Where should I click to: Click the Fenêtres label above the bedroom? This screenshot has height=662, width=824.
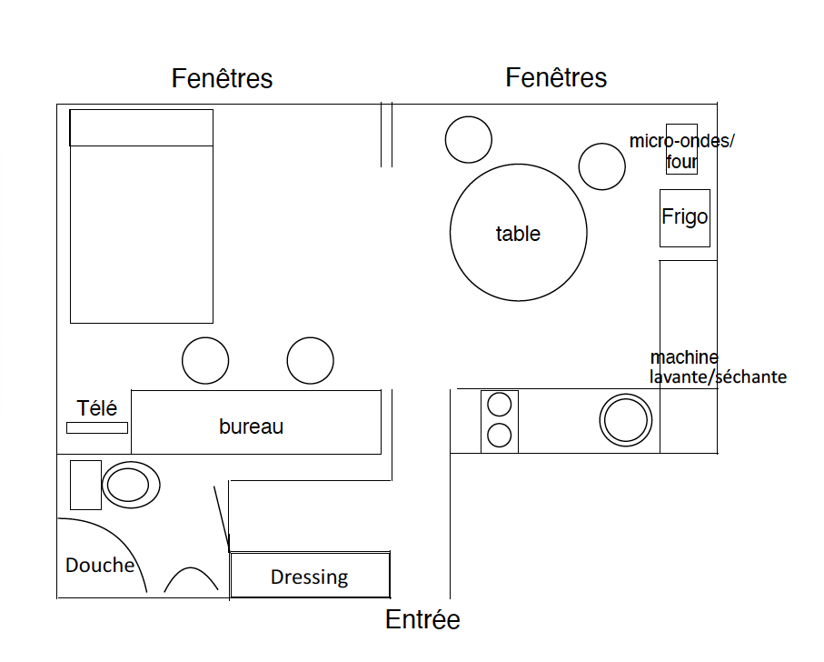click(x=222, y=79)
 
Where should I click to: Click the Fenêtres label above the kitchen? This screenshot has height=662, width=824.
click(x=556, y=78)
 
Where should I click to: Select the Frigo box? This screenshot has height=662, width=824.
click(x=685, y=218)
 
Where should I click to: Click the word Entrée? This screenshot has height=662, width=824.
click(x=422, y=619)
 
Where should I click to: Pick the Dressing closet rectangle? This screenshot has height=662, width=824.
click(x=310, y=575)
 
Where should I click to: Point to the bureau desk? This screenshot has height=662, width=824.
click(x=256, y=422)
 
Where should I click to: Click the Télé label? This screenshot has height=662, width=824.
click(x=96, y=408)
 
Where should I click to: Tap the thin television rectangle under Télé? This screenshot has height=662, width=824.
click(x=97, y=428)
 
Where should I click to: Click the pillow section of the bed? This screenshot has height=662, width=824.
click(x=142, y=128)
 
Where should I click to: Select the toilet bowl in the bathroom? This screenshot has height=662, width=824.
click(x=131, y=485)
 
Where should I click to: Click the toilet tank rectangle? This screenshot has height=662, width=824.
click(x=85, y=485)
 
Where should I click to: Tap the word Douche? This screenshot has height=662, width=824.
click(x=100, y=566)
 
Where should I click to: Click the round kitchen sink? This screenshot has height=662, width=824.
click(x=625, y=421)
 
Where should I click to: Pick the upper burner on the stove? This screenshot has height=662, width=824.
click(x=500, y=405)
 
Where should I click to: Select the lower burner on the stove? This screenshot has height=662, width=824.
click(x=500, y=436)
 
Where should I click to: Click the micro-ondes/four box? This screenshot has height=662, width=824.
click(x=681, y=149)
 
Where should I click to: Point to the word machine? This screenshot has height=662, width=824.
click(x=684, y=357)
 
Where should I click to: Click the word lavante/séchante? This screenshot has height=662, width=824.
click(x=718, y=377)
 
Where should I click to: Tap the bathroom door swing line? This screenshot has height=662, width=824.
click(x=222, y=519)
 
